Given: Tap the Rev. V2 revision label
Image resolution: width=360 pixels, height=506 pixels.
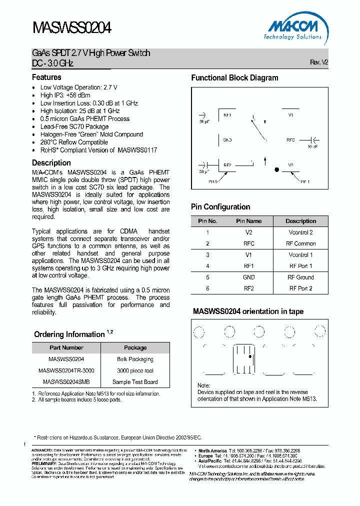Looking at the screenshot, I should click(x=319, y=62).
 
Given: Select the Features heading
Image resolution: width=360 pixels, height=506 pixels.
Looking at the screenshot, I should click(x=46, y=77).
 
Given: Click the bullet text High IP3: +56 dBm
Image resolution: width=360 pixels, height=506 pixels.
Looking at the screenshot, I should click(x=65, y=95).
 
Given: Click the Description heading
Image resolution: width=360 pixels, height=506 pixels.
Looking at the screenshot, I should click(x=51, y=163).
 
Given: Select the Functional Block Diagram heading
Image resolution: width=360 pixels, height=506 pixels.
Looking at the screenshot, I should click(x=234, y=78).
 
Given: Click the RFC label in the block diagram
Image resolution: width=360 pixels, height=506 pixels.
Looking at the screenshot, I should click(x=290, y=140).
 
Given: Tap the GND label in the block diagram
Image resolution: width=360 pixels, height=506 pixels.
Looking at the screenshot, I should click(x=227, y=140).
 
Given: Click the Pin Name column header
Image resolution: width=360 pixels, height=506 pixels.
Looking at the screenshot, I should click(x=248, y=221).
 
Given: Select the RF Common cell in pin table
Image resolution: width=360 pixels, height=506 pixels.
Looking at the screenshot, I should click(x=300, y=244).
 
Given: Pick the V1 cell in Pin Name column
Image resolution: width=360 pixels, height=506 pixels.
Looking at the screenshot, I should click(x=248, y=255).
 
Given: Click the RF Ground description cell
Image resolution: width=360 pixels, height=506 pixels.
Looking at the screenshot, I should click(x=300, y=277).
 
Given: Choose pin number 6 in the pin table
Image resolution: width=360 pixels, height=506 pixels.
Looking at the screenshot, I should click(x=207, y=288).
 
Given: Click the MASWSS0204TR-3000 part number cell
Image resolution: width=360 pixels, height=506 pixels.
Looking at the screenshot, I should click(x=66, y=371).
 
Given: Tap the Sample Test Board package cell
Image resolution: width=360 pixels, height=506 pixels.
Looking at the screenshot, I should click(x=135, y=382).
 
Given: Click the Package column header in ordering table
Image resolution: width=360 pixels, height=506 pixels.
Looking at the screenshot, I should click(x=135, y=347).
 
